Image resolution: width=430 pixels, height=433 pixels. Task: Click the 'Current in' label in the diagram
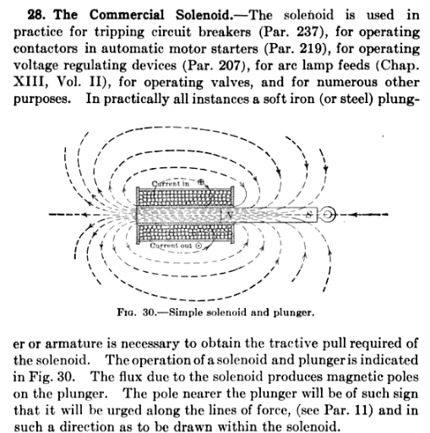click(x=173, y=182)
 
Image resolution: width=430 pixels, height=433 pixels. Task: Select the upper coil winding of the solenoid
click(x=182, y=196)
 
